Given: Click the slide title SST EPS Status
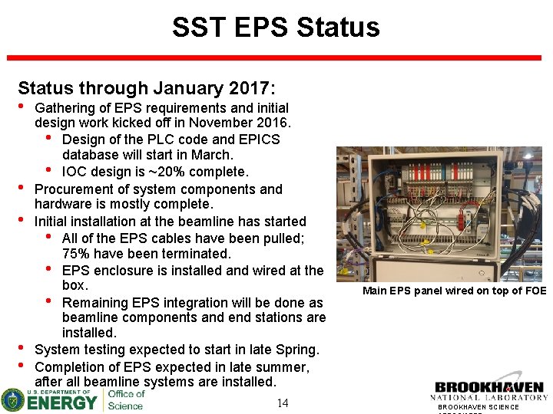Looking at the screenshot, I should pos(276,28).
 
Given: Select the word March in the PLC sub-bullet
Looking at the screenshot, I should pos(213,156).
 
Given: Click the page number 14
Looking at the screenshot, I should pos(282,403).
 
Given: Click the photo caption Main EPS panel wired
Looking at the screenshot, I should pos(454,291).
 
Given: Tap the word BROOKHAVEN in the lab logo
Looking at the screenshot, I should pos(488,387).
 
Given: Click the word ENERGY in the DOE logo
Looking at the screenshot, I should pos(62,402).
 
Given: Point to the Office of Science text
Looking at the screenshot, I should pos(125,399).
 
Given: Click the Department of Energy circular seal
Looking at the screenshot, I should pos(13,399).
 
